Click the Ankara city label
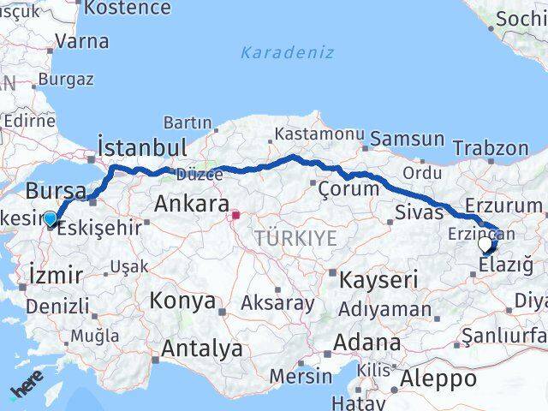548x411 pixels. click(192, 205)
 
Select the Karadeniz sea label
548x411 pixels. click(274, 52)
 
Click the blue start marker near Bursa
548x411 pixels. click(51, 218)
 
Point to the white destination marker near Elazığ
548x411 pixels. click(485, 245)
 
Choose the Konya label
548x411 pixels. click(182, 301)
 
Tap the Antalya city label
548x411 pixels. click(201, 348)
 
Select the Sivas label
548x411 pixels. click(420, 211)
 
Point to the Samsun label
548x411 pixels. click(407, 139)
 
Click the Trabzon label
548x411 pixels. click(491, 147)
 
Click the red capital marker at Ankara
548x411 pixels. click(235, 205)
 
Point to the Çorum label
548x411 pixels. click(348, 188)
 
